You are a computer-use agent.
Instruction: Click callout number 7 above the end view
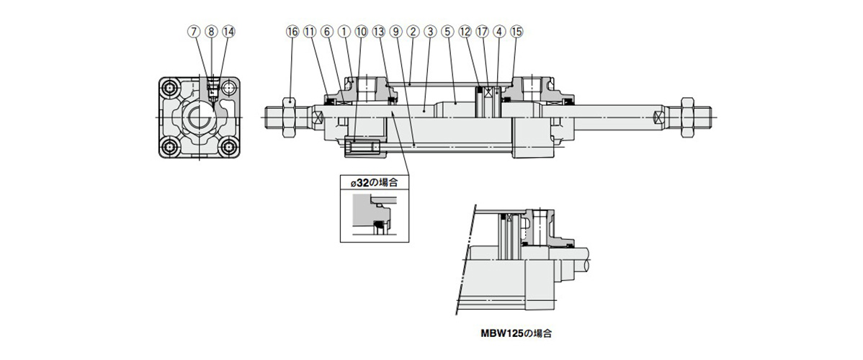click(193, 32)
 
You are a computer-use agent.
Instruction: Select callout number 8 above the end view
click(210, 32)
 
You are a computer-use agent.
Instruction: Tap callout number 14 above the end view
click(228, 32)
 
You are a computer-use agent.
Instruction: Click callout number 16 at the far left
click(292, 32)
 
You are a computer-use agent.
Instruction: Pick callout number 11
click(309, 32)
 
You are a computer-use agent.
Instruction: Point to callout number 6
click(326, 32)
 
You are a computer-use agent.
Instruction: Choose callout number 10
click(361, 32)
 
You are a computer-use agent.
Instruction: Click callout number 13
click(378, 32)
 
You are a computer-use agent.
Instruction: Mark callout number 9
click(395, 32)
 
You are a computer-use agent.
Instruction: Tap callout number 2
click(413, 32)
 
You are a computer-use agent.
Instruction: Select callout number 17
click(482, 32)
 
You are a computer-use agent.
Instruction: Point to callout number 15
click(517, 32)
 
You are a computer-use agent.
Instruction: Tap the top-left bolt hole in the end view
click(171, 89)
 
